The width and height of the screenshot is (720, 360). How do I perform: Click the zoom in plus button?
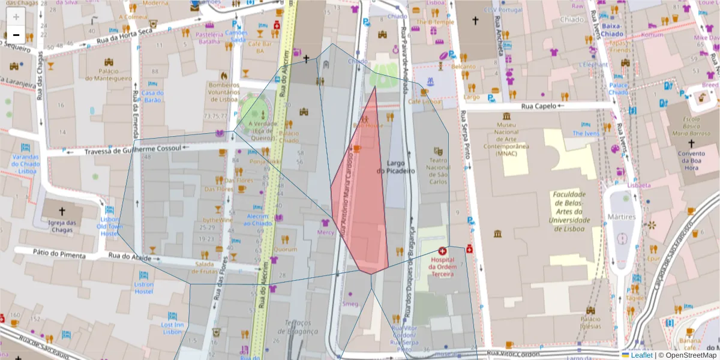point(16,16)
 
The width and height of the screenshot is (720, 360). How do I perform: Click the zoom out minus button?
point(16,35)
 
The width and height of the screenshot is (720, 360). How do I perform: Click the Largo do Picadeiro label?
point(396,167)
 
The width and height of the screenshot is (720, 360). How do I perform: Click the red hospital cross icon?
point(443,251)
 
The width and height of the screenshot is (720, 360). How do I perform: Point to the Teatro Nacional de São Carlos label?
point(438,172)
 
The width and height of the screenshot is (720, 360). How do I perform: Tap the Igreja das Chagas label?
point(62,226)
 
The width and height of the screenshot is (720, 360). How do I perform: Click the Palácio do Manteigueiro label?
point(108,74)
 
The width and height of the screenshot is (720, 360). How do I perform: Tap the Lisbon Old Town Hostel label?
point(109,226)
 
